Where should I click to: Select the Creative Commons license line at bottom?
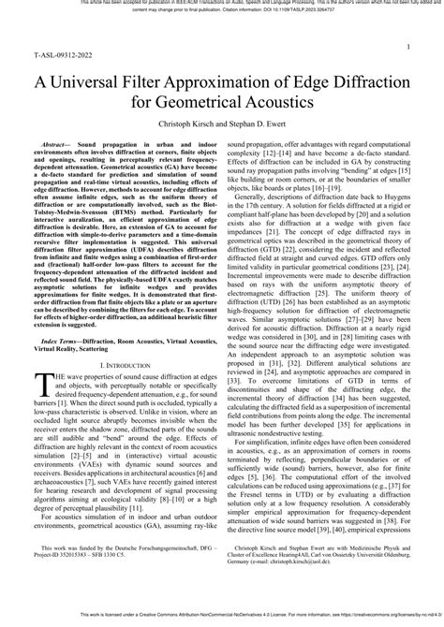coord(222,617)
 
